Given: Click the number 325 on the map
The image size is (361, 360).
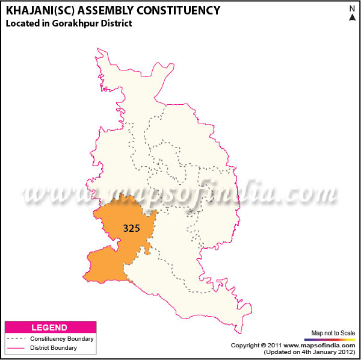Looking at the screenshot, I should [132, 229].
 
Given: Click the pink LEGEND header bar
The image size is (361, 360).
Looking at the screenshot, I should [50, 327].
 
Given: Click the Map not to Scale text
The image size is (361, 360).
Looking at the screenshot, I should [333, 333].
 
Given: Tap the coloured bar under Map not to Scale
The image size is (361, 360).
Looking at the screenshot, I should [333, 340].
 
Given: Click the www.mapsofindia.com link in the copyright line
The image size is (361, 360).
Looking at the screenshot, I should [320, 346].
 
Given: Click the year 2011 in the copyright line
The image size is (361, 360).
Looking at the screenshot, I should [275, 346].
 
